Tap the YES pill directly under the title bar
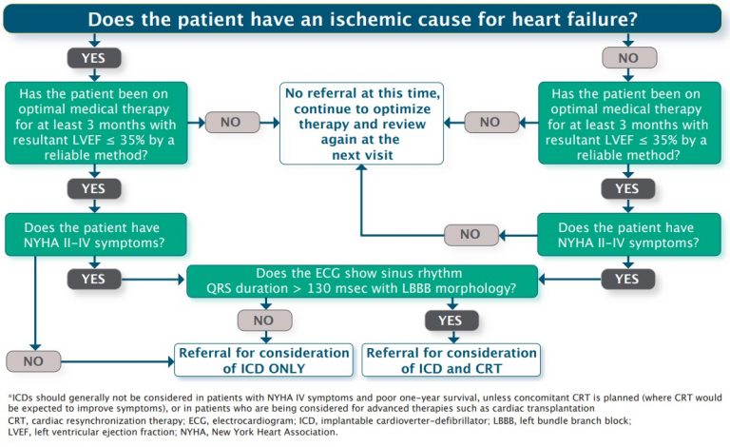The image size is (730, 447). [x=94, y=56]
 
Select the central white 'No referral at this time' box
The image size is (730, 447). [x=360, y=121]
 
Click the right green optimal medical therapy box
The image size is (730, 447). [x=626, y=121]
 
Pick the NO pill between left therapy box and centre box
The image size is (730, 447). [x=230, y=122]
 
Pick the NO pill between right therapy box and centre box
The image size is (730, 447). [x=490, y=122]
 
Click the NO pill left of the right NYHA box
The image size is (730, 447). [x=471, y=234]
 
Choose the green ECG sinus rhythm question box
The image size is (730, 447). [x=365, y=281]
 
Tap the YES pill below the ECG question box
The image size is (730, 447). [x=451, y=321]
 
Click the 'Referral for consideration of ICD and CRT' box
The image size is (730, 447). [x=451, y=360]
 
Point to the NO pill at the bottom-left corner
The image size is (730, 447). [x=34, y=361]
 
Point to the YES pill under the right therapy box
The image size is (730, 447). [x=626, y=188]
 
